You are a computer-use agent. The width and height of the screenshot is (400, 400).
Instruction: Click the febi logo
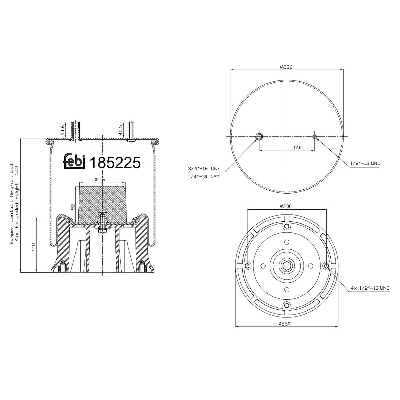[x=74, y=161]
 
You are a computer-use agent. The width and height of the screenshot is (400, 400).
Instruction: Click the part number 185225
[x=115, y=163]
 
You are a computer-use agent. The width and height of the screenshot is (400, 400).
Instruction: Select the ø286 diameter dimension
[x=286, y=67]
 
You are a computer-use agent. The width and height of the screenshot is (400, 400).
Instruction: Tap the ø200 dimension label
[x=286, y=206]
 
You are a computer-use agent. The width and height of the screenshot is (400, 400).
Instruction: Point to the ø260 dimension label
[x=284, y=323]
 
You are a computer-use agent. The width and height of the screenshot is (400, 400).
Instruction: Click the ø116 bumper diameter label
[x=100, y=179]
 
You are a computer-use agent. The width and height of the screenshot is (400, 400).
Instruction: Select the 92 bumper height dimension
[x=73, y=207]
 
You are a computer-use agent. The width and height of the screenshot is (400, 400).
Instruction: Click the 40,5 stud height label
[x=121, y=130]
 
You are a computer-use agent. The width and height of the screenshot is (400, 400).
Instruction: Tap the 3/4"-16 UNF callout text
[x=204, y=169]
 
